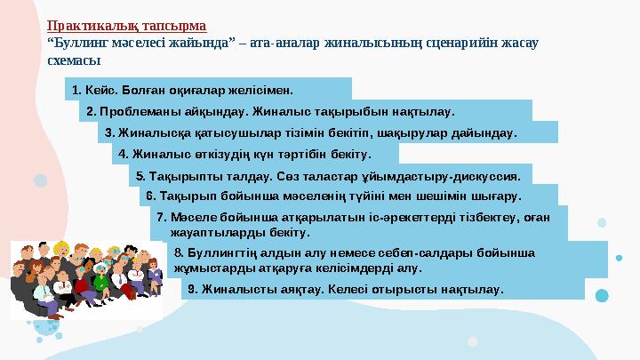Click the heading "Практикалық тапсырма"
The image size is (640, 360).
[x=126, y=27]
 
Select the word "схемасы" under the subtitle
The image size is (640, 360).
[x=73, y=60]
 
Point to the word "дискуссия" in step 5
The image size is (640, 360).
[x=488, y=175]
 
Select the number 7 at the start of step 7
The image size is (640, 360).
[x=160, y=217]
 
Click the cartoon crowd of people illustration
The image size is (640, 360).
[x=87, y=276]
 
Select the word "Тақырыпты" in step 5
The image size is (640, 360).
[x=182, y=175]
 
